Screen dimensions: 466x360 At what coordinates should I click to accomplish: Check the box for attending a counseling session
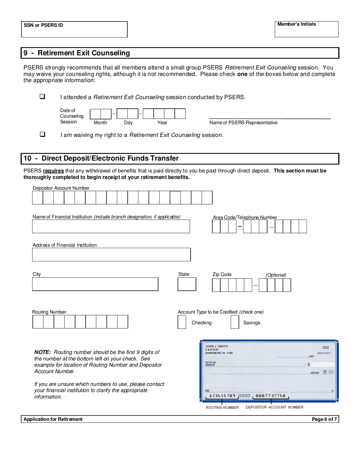[42, 97]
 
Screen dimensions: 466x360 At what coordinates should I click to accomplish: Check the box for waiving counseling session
[42, 134]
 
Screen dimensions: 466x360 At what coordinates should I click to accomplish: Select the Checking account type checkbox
[182, 322]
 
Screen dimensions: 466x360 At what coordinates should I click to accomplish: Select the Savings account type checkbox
[235, 322]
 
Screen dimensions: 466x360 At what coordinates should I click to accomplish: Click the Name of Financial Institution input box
[111, 226]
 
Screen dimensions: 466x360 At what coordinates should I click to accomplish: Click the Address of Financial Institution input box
[111, 255]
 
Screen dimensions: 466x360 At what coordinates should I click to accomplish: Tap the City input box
[95, 284]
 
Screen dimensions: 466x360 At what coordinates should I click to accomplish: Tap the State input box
[187, 284]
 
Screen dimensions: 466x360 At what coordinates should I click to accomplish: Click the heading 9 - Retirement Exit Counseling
[77, 53]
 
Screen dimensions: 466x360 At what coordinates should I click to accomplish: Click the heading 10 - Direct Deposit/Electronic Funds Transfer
[101, 158]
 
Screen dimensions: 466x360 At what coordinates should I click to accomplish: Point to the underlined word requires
[53, 171]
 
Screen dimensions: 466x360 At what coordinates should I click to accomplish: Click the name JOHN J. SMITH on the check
[216, 346]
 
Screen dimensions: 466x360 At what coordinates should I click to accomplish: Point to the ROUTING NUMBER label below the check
[222, 408]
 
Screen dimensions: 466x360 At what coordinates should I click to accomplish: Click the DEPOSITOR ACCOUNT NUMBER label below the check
[274, 407]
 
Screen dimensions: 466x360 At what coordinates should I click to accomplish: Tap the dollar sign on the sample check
[309, 364]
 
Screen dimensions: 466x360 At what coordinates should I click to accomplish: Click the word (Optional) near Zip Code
[275, 275]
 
